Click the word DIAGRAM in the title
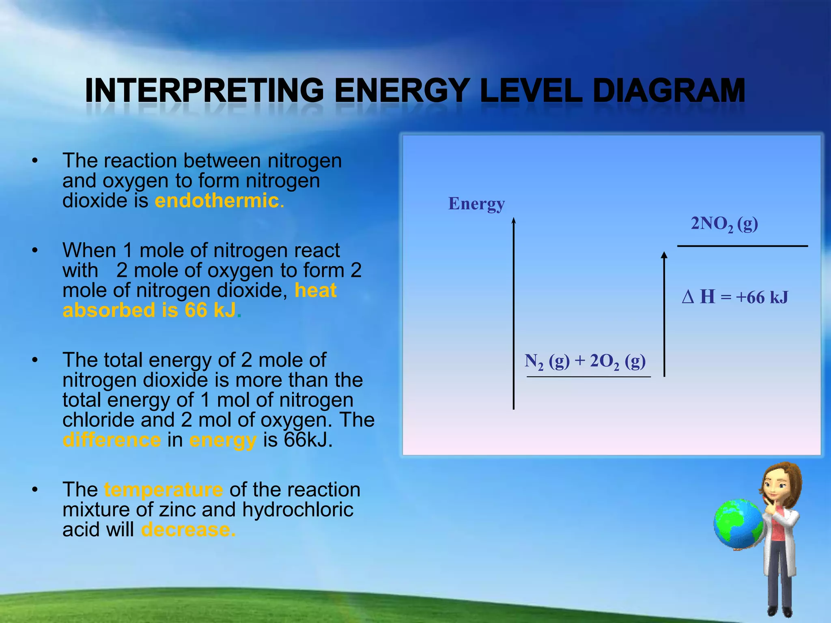click(669, 91)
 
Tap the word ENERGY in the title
click(402, 91)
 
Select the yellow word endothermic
click(217, 201)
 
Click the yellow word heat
click(315, 290)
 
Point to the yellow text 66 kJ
click(210, 310)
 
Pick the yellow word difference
click(112, 440)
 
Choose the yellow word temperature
click(163, 490)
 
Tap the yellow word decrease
click(188, 530)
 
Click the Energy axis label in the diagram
click(476, 203)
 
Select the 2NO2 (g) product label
click(724, 224)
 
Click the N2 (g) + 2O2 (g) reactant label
click(585, 361)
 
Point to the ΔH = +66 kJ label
click(735, 297)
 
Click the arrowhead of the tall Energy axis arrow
click(514, 221)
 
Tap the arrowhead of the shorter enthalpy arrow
click(664, 255)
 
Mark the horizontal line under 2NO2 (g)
click(742, 246)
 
